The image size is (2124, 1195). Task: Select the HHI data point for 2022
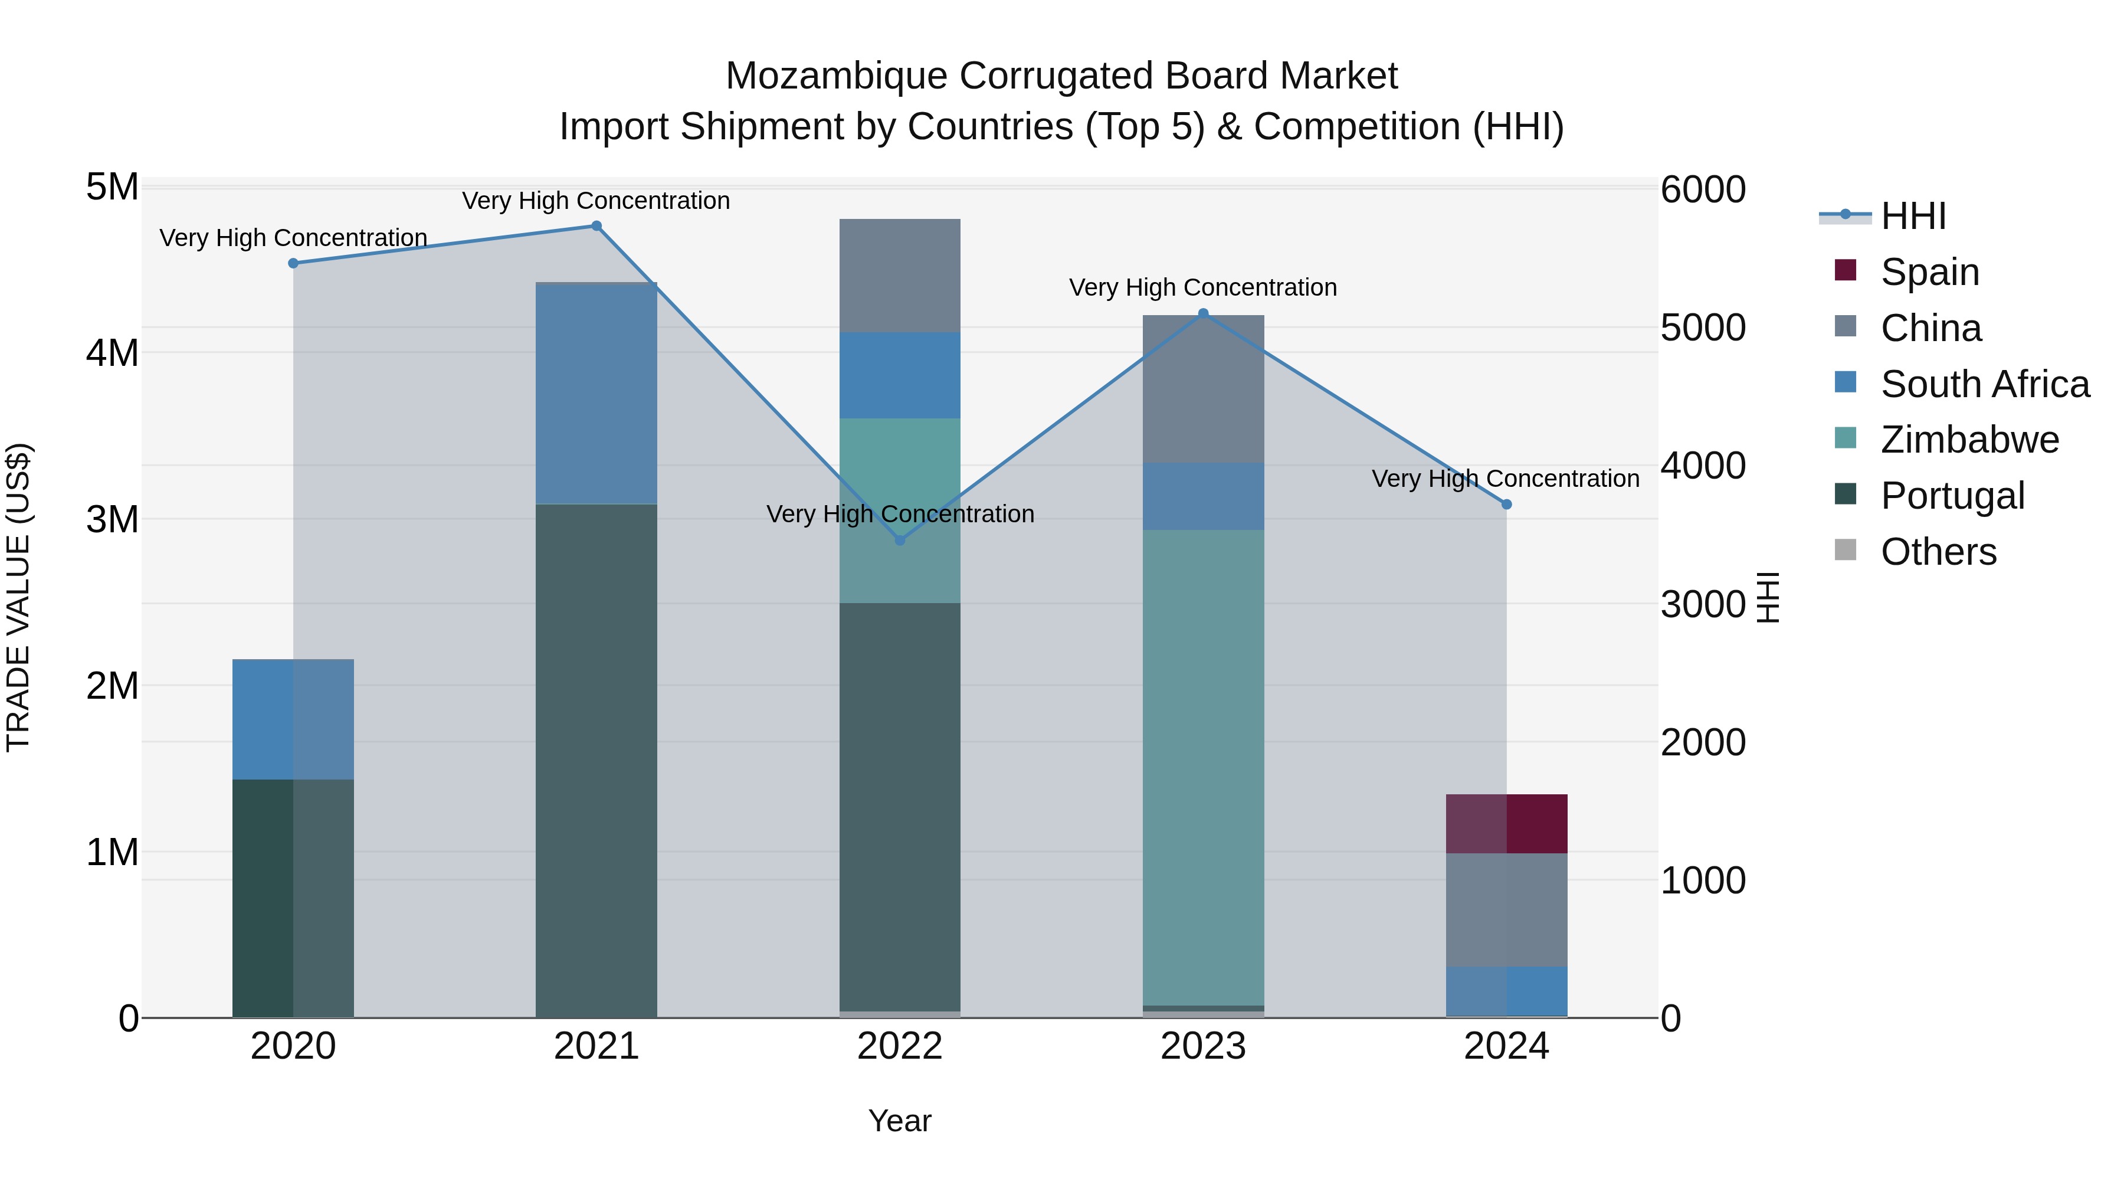point(900,540)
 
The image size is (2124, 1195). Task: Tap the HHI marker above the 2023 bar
point(1203,313)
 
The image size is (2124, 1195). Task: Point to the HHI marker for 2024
point(1506,504)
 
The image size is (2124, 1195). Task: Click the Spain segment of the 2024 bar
point(1506,823)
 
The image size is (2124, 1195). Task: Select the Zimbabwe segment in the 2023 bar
point(1203,767)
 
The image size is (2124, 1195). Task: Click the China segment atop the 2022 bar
point(900,276)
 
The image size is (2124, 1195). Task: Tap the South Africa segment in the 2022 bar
point(900,375)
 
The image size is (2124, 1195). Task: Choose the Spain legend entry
point(1929,271)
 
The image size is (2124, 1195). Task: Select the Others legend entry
point(1938,552)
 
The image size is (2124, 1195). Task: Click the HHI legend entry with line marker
point(1913,216)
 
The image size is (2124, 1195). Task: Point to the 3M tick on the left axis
point(112,519)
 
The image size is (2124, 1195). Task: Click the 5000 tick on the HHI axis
point(1703,328)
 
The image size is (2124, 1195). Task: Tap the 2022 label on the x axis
point(900,1046)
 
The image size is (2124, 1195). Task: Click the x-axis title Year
point(900,1121)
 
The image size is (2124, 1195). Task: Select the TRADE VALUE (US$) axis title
point(18,597)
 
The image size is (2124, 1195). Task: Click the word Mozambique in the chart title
point(836,76)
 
